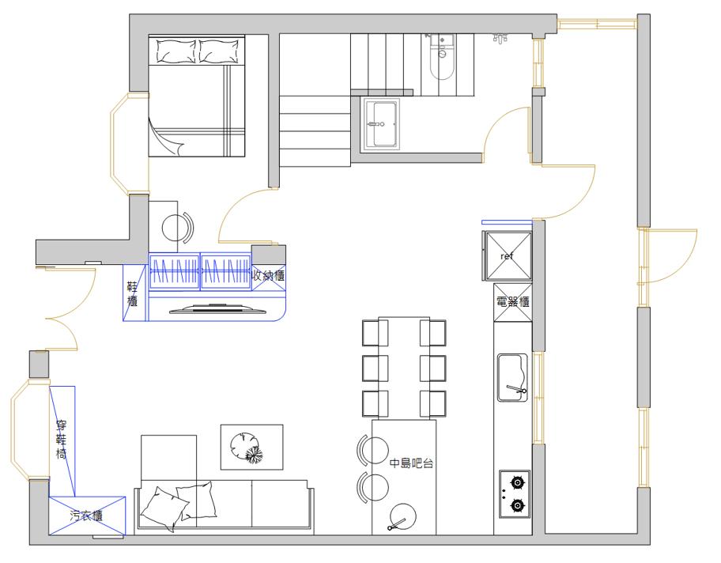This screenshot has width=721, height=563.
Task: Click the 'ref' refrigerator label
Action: (507, 256)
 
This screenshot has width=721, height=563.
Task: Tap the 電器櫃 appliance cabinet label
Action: (513, 302)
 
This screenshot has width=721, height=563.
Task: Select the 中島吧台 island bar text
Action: (412, 463)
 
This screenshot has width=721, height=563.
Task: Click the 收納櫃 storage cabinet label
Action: (269, 275)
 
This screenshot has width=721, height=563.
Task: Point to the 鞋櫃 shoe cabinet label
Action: (133, 294)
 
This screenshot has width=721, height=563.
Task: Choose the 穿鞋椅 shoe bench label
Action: (61, 440)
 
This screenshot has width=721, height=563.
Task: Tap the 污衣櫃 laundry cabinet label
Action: (86, 516)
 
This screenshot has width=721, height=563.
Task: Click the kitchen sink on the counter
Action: (513, 378)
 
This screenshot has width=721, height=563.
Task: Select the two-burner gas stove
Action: (515, 494)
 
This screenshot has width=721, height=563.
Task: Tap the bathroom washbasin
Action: (382, 124)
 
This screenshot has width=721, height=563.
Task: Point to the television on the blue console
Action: (218, 308)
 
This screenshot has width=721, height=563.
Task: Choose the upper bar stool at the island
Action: (372, 450)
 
